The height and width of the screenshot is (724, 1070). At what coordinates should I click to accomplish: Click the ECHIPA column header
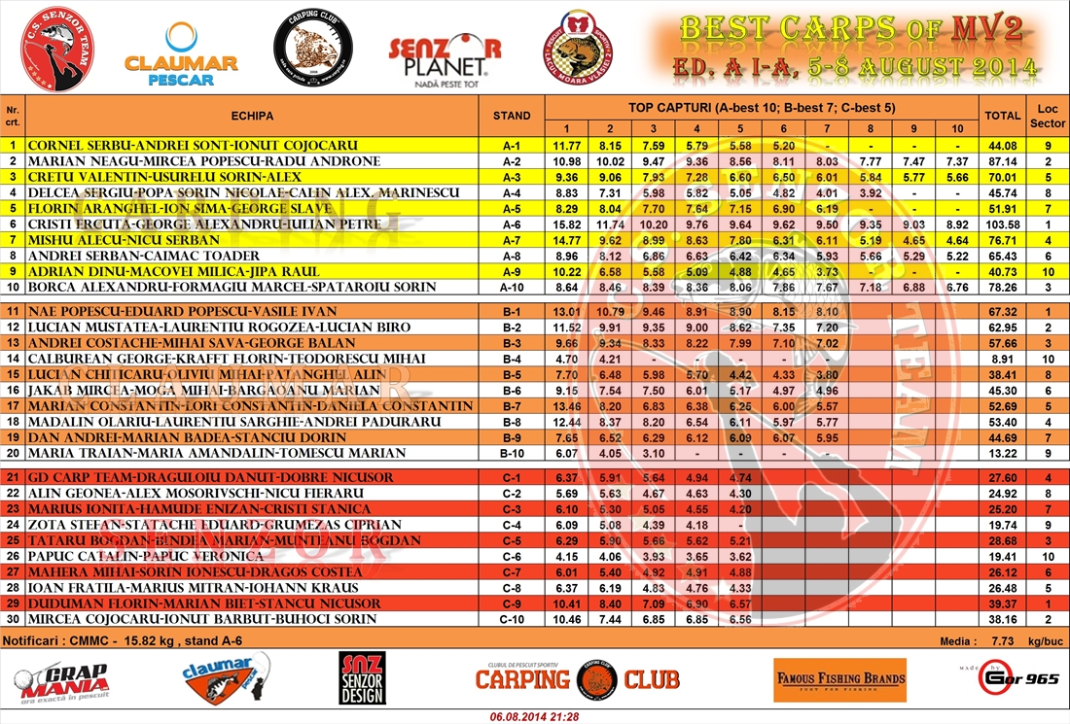pos(252,115)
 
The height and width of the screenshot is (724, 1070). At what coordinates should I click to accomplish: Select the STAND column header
pos(512,115)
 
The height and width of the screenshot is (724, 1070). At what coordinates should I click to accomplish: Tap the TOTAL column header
pos(1003,115)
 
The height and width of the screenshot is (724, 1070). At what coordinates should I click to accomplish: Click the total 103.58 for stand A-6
pos(1003,224)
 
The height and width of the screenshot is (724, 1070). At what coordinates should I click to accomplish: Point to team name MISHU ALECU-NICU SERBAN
pos(125,239)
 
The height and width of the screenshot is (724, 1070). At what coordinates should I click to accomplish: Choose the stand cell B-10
pos(512,453)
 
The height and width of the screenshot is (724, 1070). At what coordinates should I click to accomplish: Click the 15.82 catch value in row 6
pos(566,224)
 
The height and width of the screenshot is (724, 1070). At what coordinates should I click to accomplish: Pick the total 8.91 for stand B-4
pos(1003,359)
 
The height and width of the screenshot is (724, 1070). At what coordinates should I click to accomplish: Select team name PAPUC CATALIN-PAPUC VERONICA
pos(146,556)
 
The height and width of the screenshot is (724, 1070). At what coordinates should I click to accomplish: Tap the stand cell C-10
pos(512,619)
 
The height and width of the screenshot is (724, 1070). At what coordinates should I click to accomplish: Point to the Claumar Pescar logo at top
pos(181,55)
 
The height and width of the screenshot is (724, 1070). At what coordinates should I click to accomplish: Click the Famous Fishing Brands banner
pos(839,679)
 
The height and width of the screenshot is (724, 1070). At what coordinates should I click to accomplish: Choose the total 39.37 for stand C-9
pos(1003,603)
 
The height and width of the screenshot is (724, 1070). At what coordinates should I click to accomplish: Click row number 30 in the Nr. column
pos(13,619)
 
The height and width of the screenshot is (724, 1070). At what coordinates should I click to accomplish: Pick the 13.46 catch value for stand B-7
pos(566,406)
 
